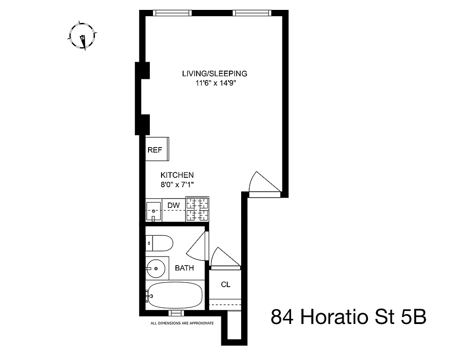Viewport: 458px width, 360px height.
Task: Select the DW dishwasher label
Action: [x=174, y=206]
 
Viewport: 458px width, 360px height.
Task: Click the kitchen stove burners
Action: [x=198, y=210]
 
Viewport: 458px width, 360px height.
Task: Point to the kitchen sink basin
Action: [x=154, y=210]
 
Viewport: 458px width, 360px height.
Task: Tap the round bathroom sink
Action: [x=157, y=268]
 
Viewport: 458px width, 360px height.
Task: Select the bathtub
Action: [x=175, y=296]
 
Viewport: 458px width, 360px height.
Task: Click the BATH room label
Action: [x=184, y=268]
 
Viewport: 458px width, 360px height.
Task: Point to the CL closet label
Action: [x=225, y=284]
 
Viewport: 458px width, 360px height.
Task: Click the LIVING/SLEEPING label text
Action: [x=215, y=73]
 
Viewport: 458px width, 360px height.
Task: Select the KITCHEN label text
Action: [x=177, y=175]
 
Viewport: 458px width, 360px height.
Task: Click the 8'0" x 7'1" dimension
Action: [x=177, y=184]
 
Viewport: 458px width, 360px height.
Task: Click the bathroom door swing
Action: [x=197, y=246]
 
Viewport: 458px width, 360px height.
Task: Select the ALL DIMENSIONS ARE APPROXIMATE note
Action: [x=182, y=323]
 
